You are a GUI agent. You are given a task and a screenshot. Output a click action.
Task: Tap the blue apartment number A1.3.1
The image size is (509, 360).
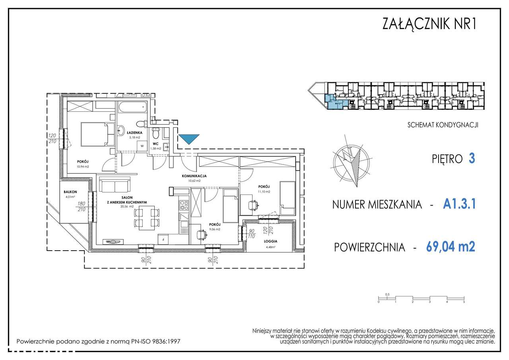(459, 204)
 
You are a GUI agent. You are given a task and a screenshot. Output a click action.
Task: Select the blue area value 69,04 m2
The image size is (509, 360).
(450, 247)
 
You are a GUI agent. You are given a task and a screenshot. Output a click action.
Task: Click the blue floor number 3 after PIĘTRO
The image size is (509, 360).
(472, 159)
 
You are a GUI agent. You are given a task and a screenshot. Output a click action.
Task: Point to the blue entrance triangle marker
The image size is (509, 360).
(188, 139)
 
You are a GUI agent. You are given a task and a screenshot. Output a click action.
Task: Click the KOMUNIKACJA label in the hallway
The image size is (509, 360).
(194, 175)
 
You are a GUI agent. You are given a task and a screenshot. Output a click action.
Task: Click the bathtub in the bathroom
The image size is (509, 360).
(132, 107)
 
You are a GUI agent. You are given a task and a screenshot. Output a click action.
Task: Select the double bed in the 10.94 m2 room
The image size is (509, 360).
(95, 134)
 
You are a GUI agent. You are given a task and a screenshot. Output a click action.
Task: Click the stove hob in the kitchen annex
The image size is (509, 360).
(185, 205)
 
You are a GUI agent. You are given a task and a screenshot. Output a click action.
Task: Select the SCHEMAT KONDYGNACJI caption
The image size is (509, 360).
(443, 125)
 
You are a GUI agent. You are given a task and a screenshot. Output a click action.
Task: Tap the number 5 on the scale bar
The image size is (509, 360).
(464, 302)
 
